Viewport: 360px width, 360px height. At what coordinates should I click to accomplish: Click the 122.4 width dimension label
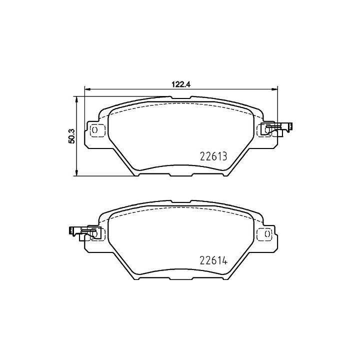point(181,84)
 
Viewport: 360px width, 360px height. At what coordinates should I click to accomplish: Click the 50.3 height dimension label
point(71,136)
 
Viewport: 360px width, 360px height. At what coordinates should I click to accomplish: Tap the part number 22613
point(213,156)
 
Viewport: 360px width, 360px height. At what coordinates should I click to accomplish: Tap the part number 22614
point(213,260)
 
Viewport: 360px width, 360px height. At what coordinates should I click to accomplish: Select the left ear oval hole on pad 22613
point(94,130)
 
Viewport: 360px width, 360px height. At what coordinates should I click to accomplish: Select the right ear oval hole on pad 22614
point(267,234)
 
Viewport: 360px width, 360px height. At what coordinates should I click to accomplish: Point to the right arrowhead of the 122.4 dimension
point(274,89)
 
